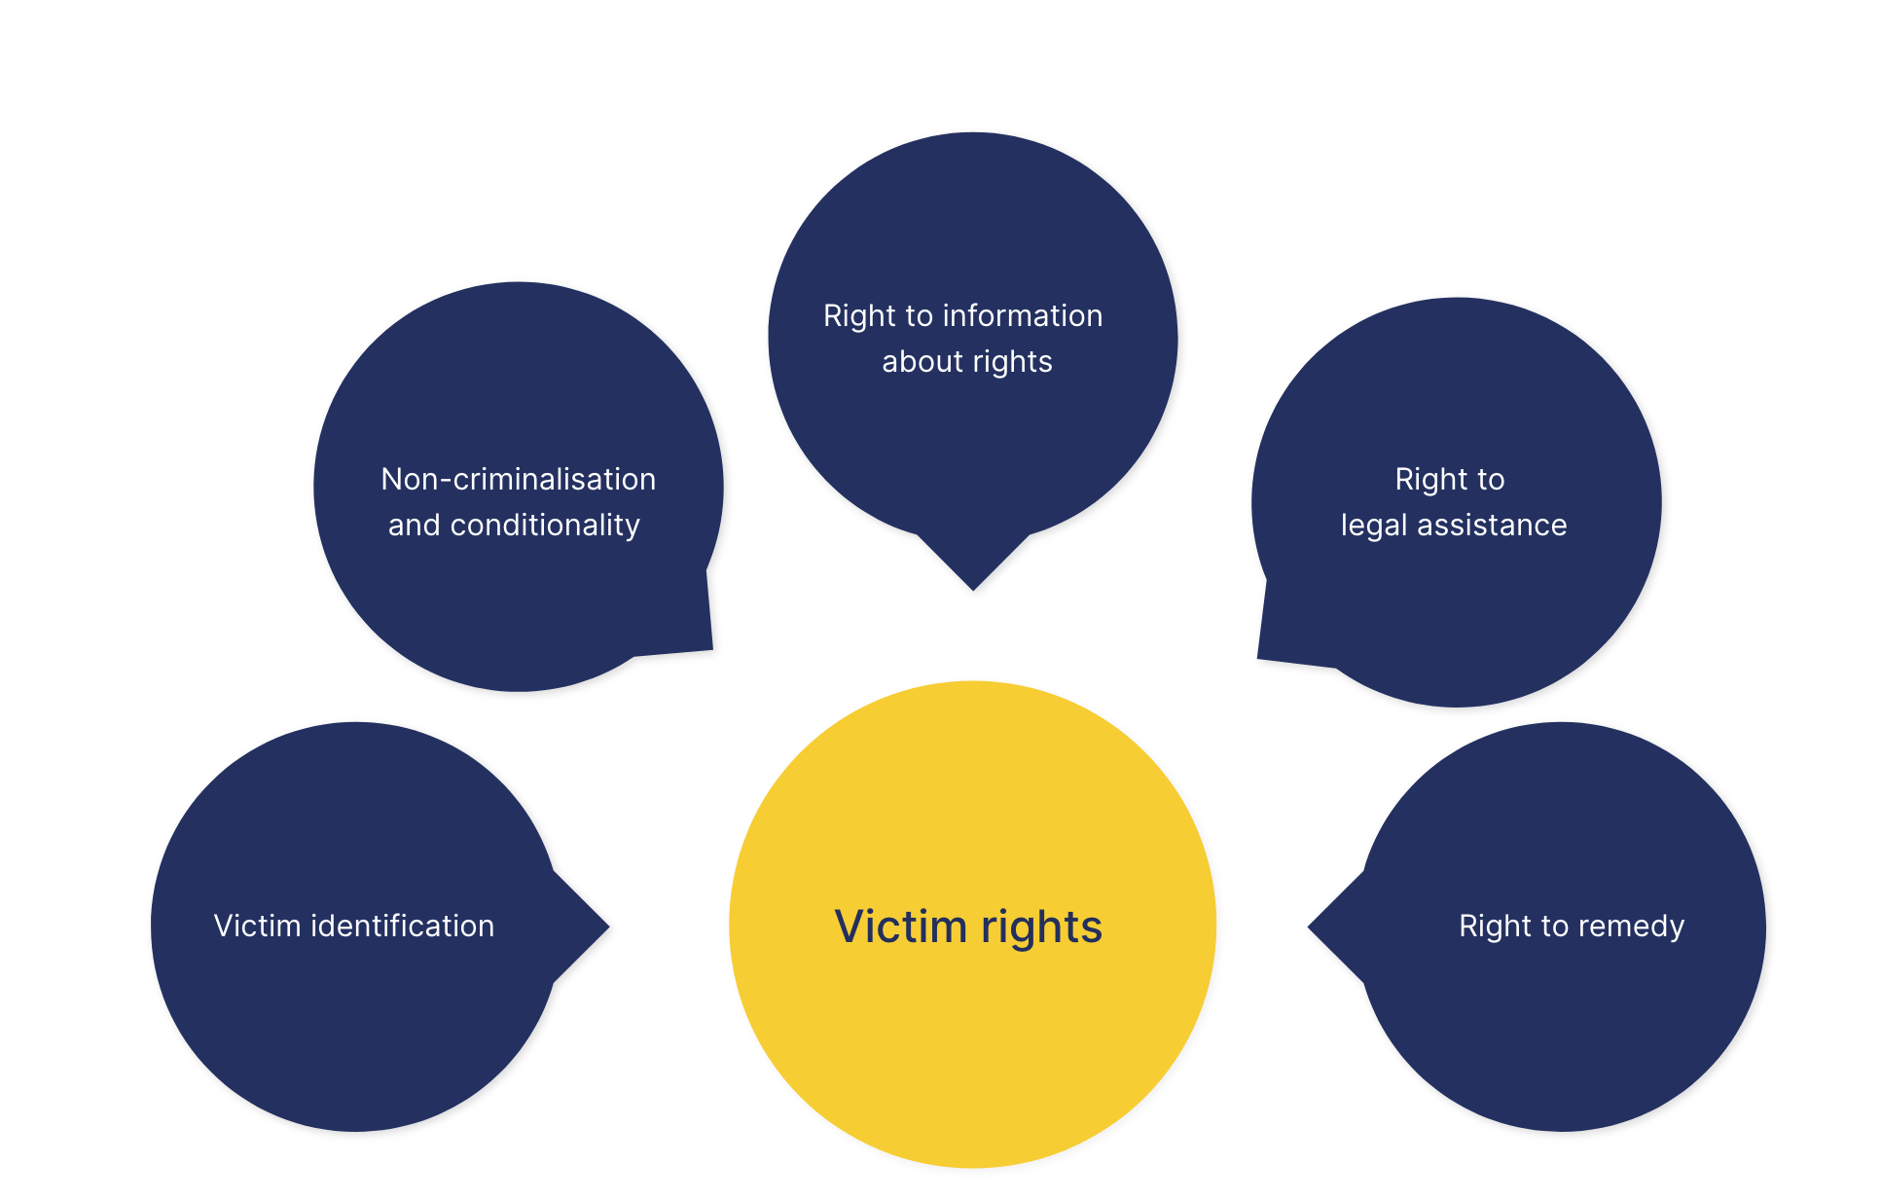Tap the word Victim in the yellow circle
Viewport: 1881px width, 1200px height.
pyautogui.click(x=900, y=927)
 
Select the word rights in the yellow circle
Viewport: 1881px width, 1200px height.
pyautogui.click(x=1041, y=928)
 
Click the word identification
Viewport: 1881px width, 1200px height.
pyautogui.click(x=402, y=926)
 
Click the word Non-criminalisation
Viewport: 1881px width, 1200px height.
pyautogui.click(x=518, y=479)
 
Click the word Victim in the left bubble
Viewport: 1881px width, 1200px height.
pyautogui.click(x=257, y=926)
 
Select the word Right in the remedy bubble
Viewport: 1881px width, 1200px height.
pyautogui.click(x=1494, y=926)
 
